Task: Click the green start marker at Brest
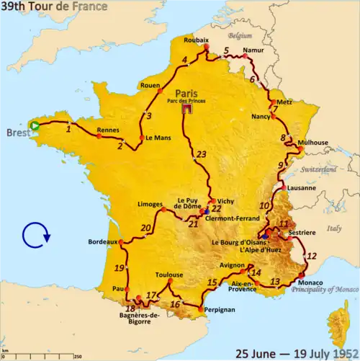tap(35, 125)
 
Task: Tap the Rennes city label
tap(108, 131)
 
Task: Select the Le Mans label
tap(158, 138)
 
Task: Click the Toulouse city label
tap(168, 275)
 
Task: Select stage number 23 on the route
tap(202, 154)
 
